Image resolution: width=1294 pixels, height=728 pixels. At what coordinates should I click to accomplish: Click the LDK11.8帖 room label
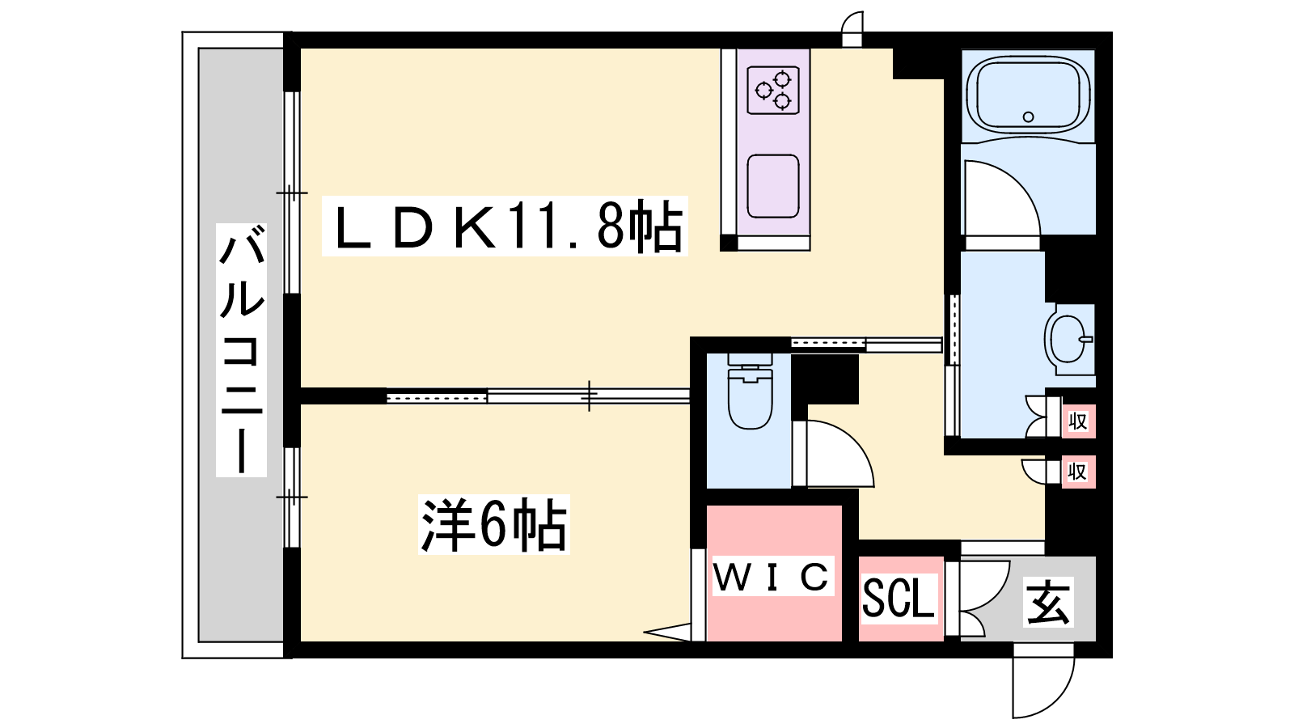coord(505,226)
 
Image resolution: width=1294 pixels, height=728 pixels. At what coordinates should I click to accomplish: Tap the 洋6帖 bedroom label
coord(494,525)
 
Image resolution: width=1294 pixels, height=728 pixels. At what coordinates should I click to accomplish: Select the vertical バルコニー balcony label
coord(242,350)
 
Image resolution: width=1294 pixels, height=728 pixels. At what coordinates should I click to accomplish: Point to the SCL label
coord(898,599)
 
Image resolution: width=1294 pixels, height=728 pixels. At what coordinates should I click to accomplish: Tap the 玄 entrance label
coord(1048,602)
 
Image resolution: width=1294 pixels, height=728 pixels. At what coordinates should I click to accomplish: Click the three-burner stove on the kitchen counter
coord(773,90)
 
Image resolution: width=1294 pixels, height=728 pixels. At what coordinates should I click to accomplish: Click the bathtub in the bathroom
coord(1028,96)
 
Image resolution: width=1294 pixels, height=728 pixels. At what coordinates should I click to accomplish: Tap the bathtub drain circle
coord(1028,116)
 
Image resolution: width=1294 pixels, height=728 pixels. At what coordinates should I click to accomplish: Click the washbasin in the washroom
coord(1068,339)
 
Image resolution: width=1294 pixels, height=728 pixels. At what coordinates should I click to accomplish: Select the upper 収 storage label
coord(1078,421)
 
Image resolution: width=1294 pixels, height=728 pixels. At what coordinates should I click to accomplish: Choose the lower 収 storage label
coord(1078,472)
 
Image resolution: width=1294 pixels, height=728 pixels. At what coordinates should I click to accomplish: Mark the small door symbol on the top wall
coord(852,29)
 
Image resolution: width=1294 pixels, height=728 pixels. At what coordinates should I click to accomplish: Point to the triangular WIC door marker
coord(668,632)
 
